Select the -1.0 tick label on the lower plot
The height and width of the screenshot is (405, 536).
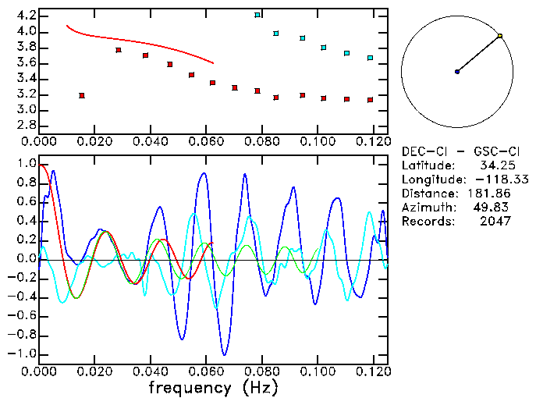point(23,353)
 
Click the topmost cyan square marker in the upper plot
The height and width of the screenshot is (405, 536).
point(257,15)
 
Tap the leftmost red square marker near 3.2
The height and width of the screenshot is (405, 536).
point(82,95)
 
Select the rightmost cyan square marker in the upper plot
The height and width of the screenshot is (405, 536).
point(370,58)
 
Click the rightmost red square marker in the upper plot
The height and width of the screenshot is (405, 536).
point(370,100)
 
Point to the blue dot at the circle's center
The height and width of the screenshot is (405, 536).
point(457,72)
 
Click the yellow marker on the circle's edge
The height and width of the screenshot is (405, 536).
point(500,36)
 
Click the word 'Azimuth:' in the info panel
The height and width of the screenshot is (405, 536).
point(428,208)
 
